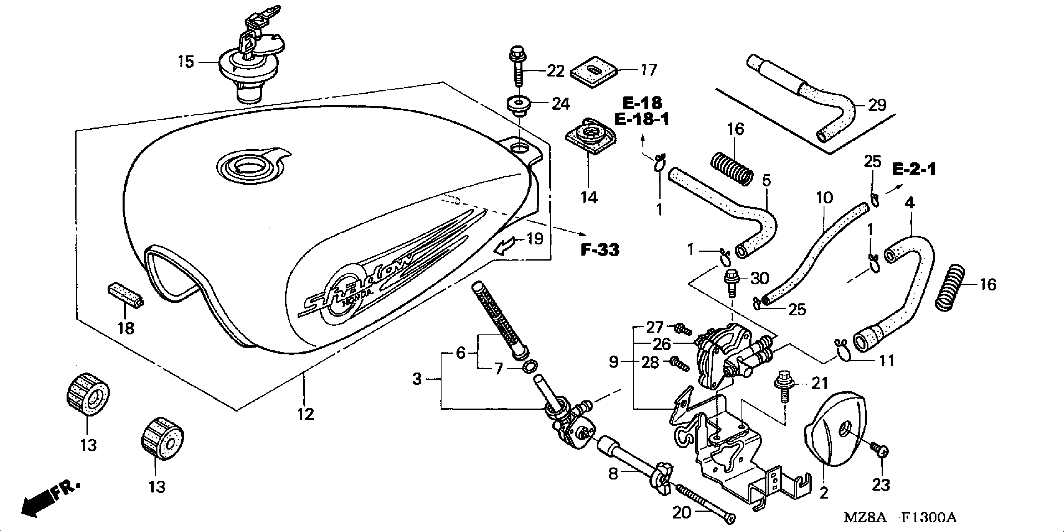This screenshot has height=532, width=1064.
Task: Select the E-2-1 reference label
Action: (914, 170)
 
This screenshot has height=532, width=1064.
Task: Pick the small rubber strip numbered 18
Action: (126, 295)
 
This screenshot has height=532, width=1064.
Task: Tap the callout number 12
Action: (306, 414)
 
